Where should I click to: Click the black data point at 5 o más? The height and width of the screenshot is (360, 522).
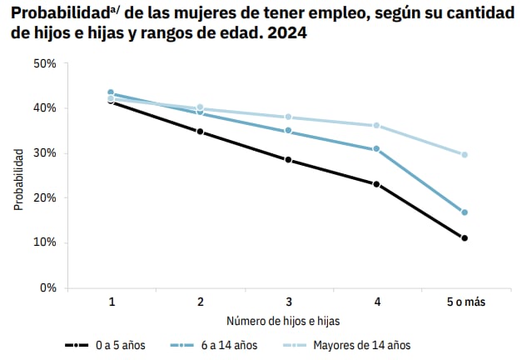coord(464,238)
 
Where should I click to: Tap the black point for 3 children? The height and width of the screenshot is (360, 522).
coord(288,159)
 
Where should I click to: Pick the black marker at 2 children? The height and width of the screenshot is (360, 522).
coord(200,132)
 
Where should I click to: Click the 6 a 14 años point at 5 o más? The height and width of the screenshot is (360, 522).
coord(464,212)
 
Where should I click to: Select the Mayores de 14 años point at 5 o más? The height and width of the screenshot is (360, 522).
coord(464,155)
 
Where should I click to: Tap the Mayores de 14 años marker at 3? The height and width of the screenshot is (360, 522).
coord(288,117)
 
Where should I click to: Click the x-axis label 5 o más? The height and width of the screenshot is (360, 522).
coord(464,301)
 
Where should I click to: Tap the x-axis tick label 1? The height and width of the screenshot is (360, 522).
coord(112,301)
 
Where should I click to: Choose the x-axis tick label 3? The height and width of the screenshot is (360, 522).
coord(288,301)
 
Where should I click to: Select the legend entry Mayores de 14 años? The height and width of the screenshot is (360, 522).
coord(361,344)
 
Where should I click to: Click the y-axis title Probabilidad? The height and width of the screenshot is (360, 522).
coord(18,179)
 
